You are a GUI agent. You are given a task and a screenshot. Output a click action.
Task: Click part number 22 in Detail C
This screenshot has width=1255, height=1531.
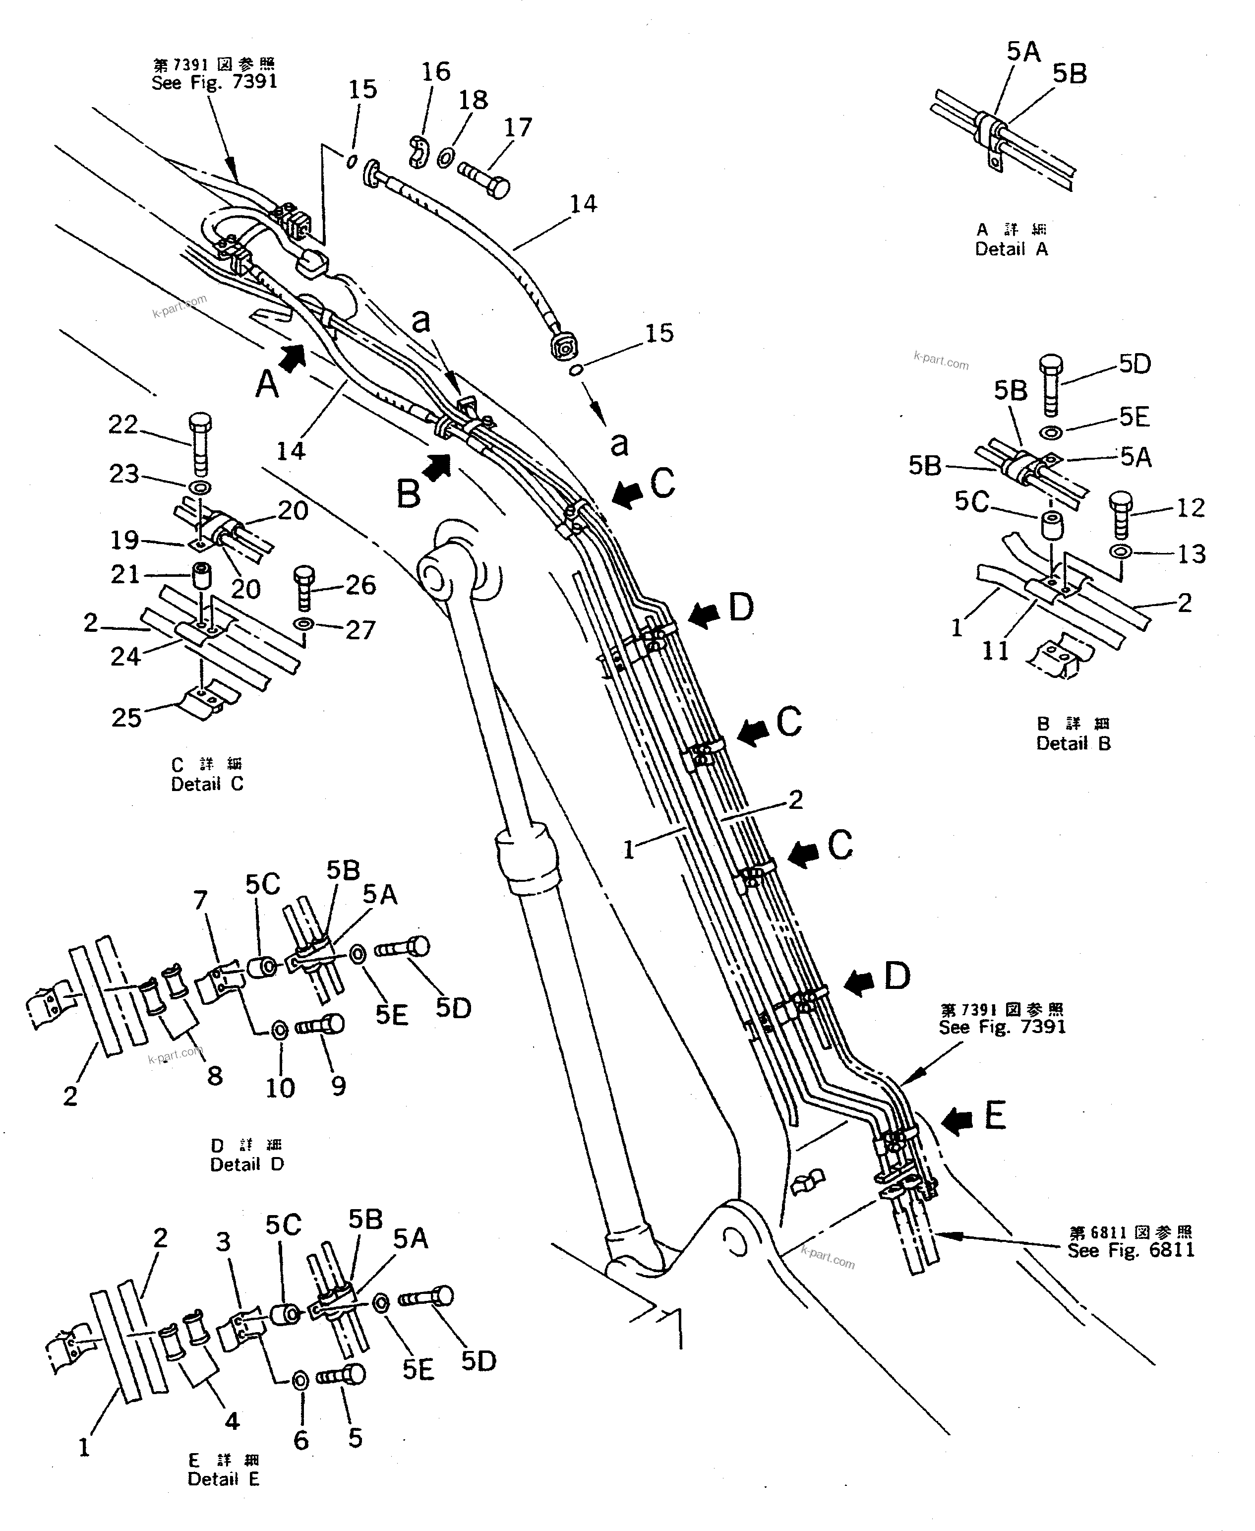123,425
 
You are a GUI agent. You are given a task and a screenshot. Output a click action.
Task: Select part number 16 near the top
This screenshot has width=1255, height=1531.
436,71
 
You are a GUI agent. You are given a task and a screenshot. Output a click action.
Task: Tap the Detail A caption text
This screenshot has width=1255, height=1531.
1011,249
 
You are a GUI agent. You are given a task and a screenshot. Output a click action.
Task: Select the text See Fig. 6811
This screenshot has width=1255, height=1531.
1131,1250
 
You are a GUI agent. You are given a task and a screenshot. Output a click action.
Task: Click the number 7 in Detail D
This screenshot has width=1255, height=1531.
200,900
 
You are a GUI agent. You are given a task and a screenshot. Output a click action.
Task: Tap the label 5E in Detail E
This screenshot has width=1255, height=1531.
417,1369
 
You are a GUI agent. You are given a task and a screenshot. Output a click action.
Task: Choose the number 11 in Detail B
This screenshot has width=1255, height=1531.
995,651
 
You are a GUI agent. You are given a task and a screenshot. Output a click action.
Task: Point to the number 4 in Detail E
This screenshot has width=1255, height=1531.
232,1421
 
